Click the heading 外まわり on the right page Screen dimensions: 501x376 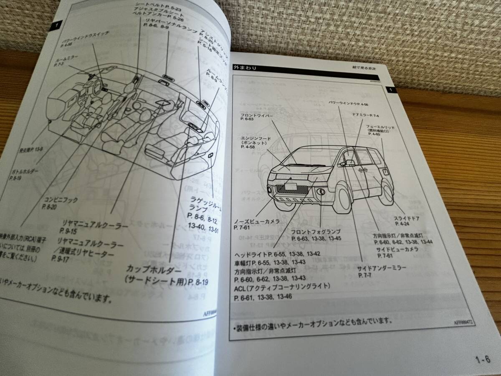[x=245, y=67]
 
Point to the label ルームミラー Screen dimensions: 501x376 [x=63, y=59]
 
